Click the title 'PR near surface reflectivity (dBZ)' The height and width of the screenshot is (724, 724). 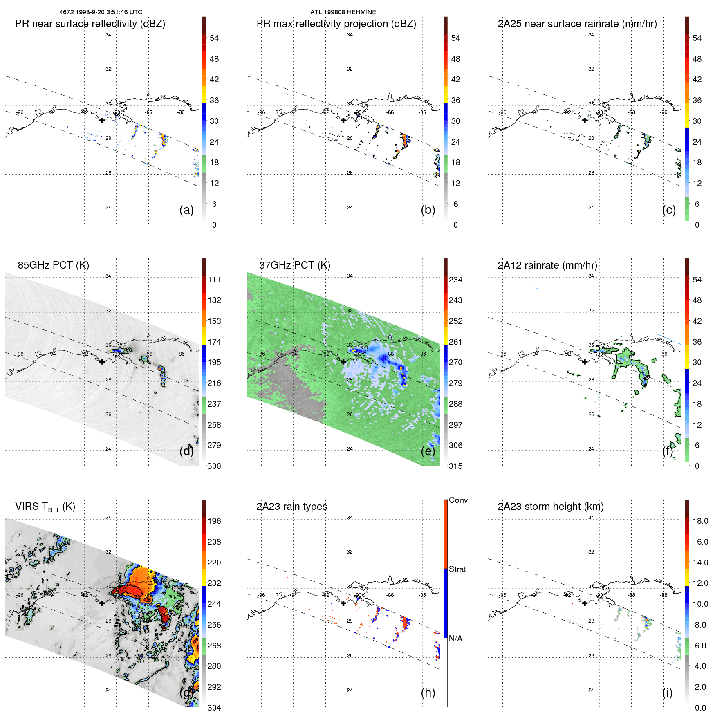pos(90,24)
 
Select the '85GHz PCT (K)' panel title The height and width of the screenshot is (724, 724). pos(53,265)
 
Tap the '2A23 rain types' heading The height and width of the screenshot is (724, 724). pos(291,507)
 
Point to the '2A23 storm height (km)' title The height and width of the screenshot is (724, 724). pos(550,507)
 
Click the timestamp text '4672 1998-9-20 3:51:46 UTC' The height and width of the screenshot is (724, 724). pos(101,12)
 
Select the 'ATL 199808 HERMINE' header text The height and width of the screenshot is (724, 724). pos(343,12)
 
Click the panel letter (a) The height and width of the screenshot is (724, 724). pos(186,210)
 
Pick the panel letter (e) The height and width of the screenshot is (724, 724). pos(428,451)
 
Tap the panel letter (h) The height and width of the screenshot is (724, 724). pos(428,693)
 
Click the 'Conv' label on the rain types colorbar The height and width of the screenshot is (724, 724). pos(458,500)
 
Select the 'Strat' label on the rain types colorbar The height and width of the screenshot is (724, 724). pos(457,569)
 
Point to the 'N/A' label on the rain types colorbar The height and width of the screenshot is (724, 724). pos(455,639)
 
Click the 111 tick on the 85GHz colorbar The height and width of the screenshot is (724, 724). pos(214,280)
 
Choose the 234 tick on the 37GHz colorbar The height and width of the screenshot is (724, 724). pos(455,280)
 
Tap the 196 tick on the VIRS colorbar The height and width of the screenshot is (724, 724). pos(214,521)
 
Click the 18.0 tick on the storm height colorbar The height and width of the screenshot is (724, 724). pos(700,521)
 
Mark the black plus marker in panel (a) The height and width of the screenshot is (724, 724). pos(102,120)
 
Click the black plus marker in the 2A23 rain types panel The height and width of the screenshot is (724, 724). pos(343,603)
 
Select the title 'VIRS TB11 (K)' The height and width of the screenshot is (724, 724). pos(45,507)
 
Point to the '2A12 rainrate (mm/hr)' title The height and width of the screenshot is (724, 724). pos(547,265)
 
